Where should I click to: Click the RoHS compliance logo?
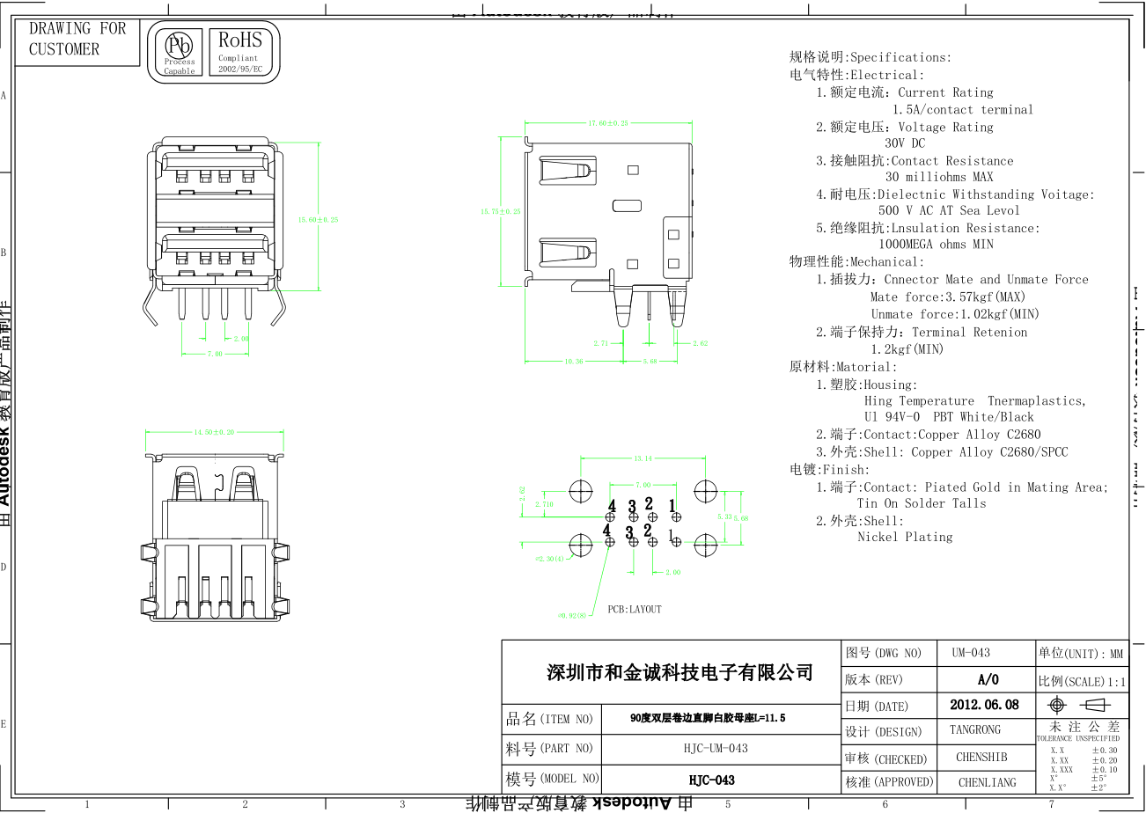[x=240, y=51]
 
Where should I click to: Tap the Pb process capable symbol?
[x=180, y=51]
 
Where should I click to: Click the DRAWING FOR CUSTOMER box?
[x=77, y=40]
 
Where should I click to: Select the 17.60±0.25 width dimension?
[x=608, y=123]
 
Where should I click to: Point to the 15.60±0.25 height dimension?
[x=318, y=219]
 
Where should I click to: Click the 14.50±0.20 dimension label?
[x=214, y=432]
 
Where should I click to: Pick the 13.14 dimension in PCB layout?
[x=643, y=458]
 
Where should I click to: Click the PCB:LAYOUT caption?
[x=634, y=609]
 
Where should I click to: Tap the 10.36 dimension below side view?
[x=574, y=361]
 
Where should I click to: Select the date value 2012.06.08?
[x=984, y=705]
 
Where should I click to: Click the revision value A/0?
[x=988, y=679]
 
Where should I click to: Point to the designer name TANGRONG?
[x=975, y=730]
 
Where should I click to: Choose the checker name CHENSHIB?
[x=981, y=757]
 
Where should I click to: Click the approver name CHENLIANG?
[x=987, y=781]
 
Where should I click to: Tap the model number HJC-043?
[x=711, y=780]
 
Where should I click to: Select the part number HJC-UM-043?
[x=716, y=748]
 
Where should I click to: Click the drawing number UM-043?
[x=971, y=653]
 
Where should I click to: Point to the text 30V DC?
[x=905, y=143]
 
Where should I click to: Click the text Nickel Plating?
[x=905, y=537]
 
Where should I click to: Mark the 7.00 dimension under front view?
[x=214, y=354]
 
